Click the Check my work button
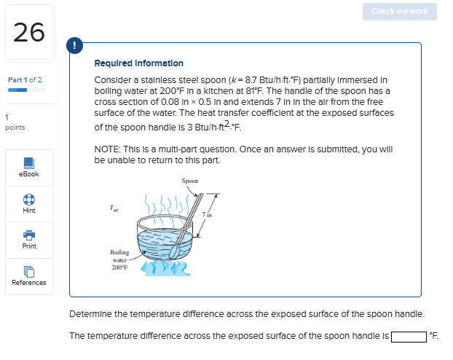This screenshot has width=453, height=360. click(399, 11)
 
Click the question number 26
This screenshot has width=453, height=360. click(29, 32)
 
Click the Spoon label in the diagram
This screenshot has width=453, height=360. click(189, 181)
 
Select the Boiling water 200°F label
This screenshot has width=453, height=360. click(119, 259)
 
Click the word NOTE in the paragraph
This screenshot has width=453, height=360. click(109, 149)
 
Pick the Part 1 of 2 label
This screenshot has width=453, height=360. click(25, 79)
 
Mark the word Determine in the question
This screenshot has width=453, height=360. click(91, 314)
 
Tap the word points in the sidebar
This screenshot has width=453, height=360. click(15, 128)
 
